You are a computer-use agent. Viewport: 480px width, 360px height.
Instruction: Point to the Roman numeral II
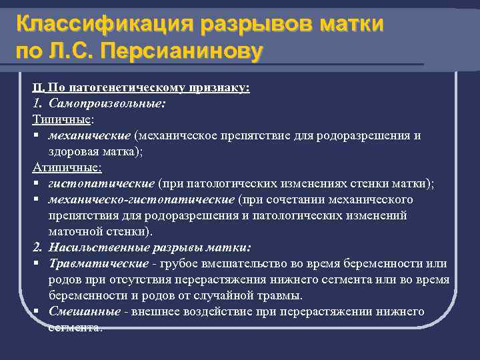[x=39, y=88]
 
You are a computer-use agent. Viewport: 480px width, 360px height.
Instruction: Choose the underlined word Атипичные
[x=67, y=168]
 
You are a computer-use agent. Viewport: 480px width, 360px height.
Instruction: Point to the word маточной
[x=73, y=232]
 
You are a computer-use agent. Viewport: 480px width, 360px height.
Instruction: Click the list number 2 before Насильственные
[x=37, y=248]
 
